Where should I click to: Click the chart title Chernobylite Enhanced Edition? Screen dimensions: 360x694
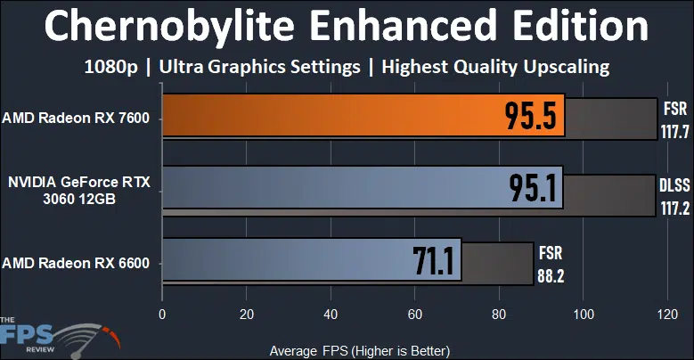pos(347,27)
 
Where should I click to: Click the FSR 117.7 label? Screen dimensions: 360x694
pos(673,118)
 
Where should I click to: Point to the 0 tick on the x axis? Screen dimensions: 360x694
pos(161,315)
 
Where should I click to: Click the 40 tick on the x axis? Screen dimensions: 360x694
pos(331,315)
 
